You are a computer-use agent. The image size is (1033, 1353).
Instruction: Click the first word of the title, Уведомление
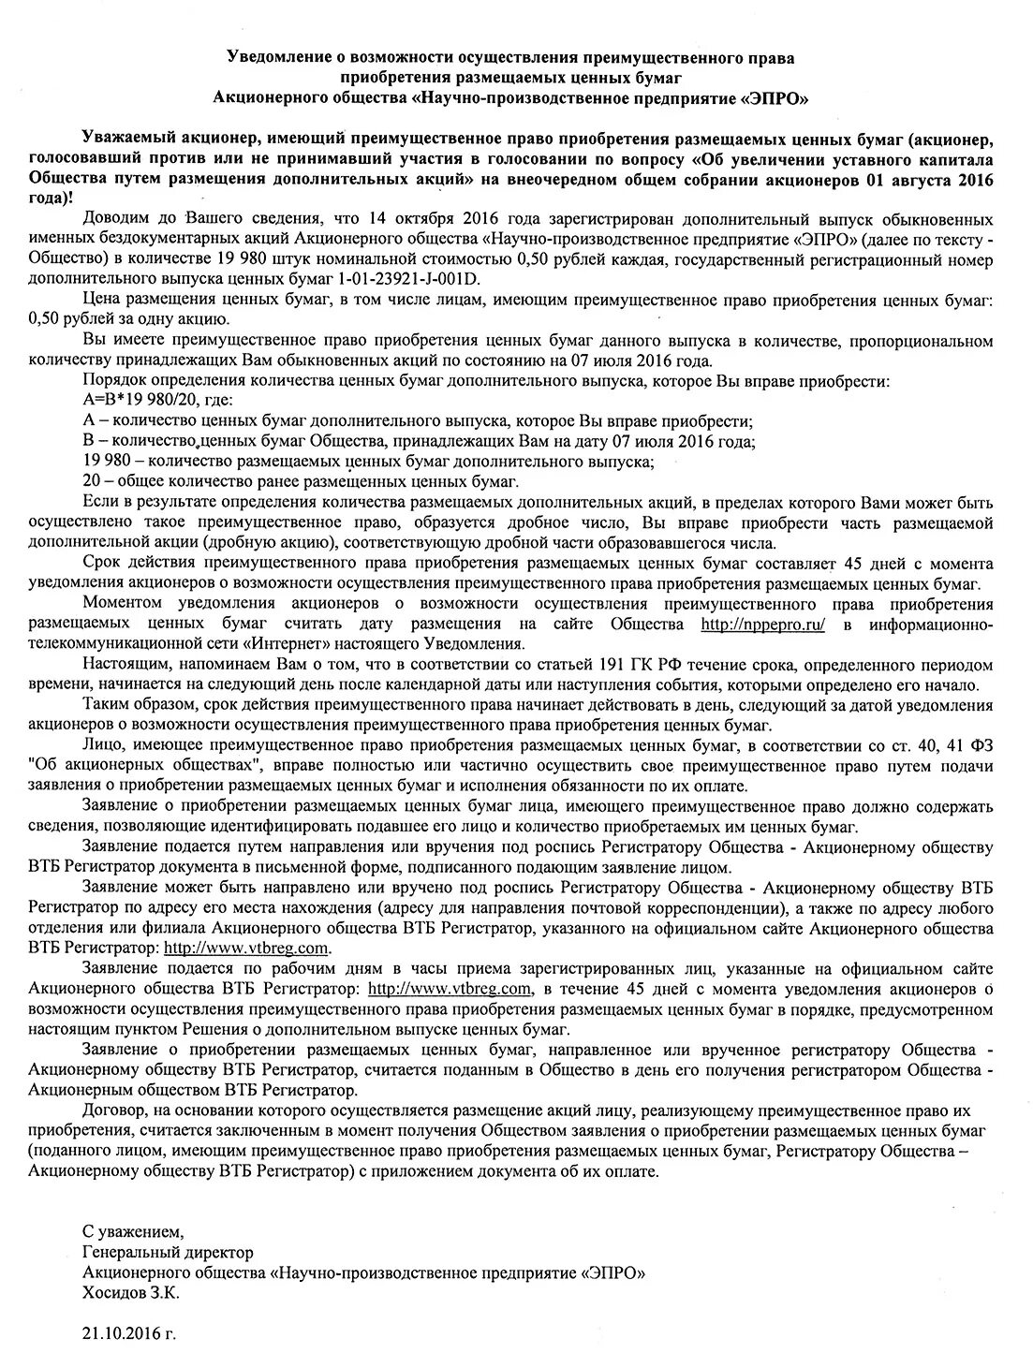[279, 57]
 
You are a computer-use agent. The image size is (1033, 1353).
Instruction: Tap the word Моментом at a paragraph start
[118, 604]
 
